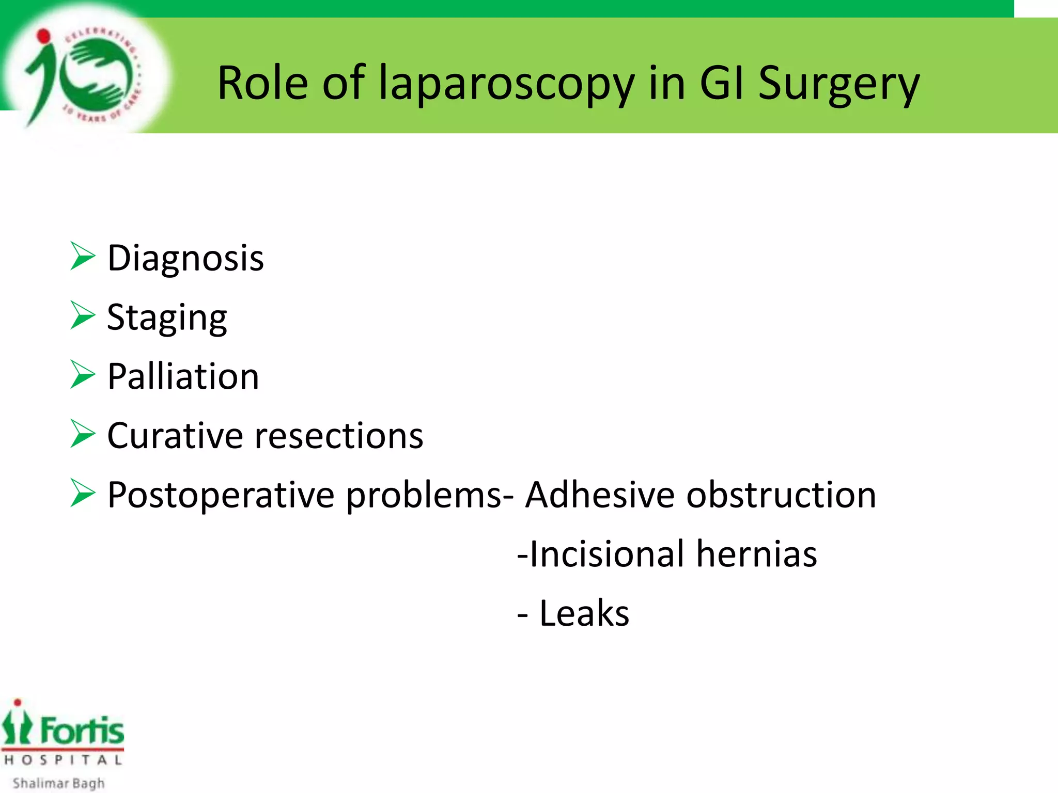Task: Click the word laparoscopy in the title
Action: [x=506, y=84]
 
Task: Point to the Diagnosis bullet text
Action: [x=185, y=258]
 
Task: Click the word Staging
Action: [x=167, y=318]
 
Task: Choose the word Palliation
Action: [x=183, y=376]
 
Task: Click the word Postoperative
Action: [x=221, y=496]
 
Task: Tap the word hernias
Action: [x=756, y=554]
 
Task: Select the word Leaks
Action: [x=584, y=613]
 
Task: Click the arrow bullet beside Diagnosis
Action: [x=83, y=257]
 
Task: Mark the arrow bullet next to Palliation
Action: [x=83, y=375]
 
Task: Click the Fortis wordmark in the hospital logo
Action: [x=82, y=731]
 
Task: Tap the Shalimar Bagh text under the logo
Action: [x=58, y=783]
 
